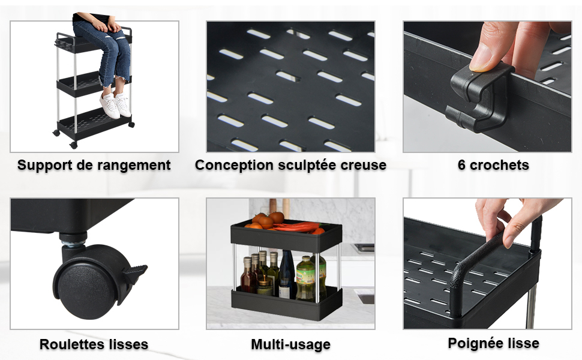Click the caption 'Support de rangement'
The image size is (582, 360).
click(x=94, y=165)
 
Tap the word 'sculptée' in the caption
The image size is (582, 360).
click(x=306, y=165)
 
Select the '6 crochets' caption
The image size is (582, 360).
click(x=493, y=165)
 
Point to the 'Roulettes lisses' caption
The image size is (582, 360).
click(x=94, y=344)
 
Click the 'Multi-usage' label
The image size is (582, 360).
click(x=290, y=344)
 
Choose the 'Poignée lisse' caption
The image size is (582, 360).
click(x=493, y=343)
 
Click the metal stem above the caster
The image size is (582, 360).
click(x=73, y=244)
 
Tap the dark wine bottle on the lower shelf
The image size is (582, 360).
click(x=287, y=274)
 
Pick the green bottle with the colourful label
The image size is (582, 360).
click(x=305, y=278)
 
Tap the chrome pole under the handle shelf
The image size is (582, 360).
click(x=531, y=306)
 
